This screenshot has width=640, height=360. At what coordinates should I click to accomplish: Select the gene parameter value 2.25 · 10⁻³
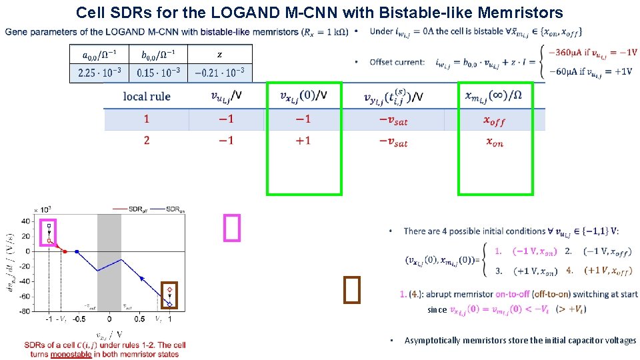[x=97, y=73]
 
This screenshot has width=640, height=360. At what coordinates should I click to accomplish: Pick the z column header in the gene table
[x=219, y=54]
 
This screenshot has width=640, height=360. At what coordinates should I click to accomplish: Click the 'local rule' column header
[x=147, y=97]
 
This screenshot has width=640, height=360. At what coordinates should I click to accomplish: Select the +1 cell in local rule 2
[x=303, y=141]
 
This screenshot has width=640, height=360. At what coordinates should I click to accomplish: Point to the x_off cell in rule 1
[x=495, y=120]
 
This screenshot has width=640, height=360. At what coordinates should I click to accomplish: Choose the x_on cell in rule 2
[x=495, y=141]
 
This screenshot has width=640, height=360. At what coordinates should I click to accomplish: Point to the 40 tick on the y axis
[x=25, y=221]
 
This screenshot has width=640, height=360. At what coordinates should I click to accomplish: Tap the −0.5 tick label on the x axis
[x=79, y=319]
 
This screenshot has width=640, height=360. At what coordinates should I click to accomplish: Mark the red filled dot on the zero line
[x=65, y=251]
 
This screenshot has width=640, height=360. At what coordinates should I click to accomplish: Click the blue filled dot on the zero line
[x=77, y=251]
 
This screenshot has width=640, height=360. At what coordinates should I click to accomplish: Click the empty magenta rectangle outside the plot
[x=231, y=227]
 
